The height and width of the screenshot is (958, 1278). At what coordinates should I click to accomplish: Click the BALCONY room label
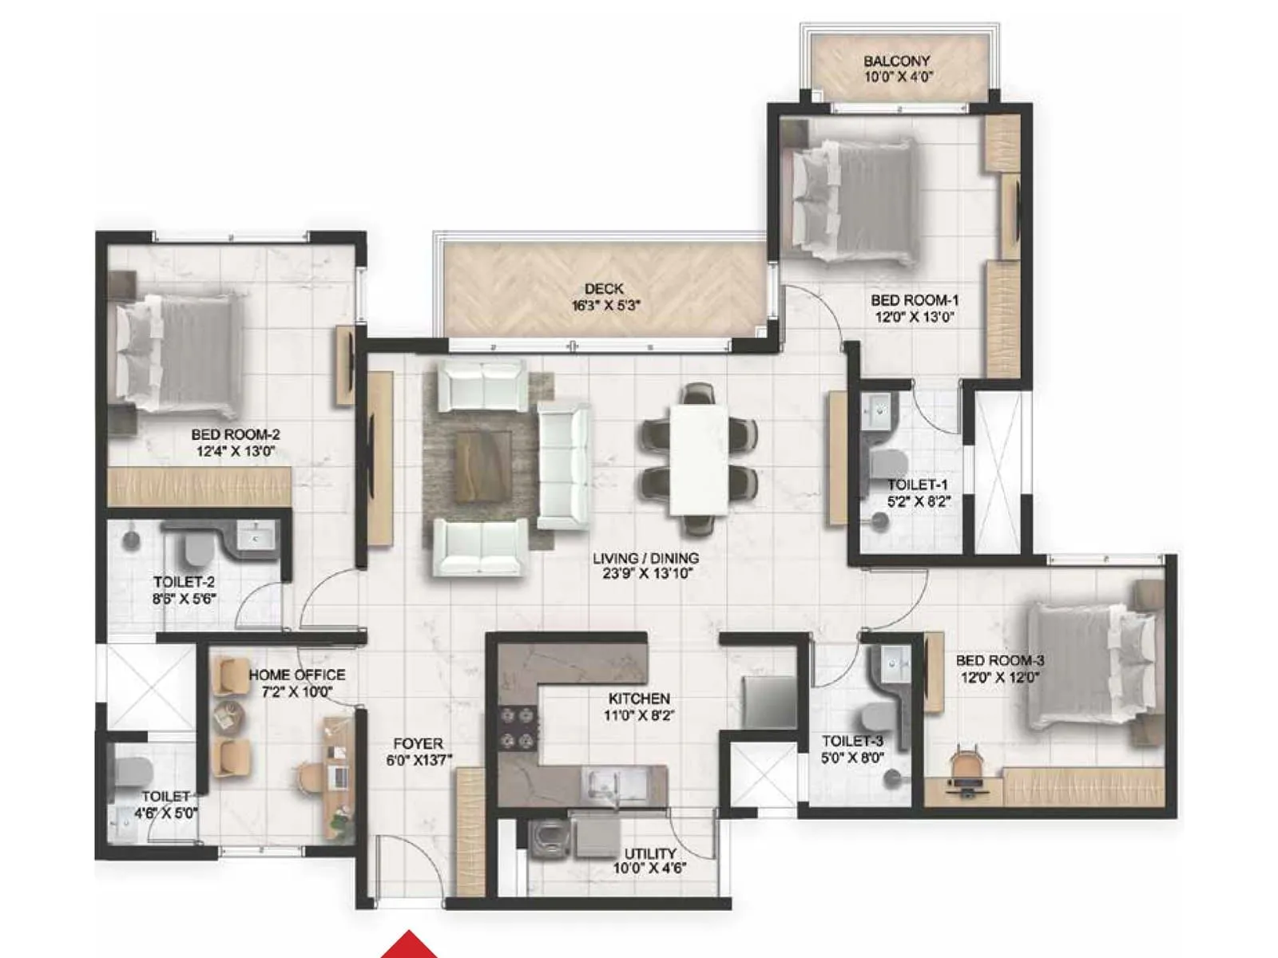tap(897, 61)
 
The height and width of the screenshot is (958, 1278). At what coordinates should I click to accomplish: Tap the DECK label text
tap(604, 288)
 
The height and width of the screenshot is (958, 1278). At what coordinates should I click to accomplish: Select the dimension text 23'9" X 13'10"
tap(645, 573)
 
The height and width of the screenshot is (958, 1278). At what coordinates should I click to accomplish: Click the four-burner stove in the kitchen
tap(518, 729)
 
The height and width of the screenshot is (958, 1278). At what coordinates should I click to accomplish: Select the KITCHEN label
tap(639, 699)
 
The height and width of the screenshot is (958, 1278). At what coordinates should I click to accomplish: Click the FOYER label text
tap(418, 744)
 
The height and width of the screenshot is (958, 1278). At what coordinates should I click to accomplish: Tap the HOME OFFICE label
tap(296, 675)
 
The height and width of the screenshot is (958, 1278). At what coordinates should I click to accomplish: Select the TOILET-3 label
tap(852, 741)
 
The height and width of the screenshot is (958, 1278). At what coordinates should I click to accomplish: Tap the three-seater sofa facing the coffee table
tap(564, 465)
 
